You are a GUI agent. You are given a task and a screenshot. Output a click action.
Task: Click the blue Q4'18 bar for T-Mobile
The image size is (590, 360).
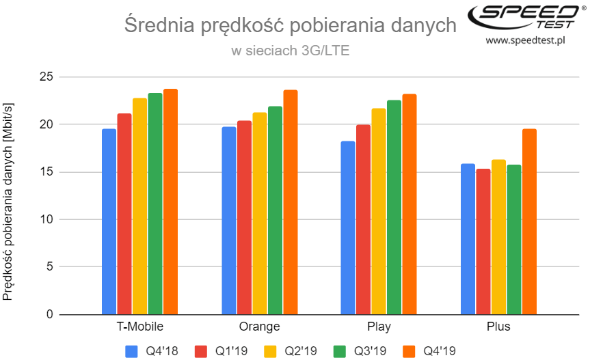109,221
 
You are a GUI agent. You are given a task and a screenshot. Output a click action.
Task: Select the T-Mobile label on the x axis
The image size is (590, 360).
140,327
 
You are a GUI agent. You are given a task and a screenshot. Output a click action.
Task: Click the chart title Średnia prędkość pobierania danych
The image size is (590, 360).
290,26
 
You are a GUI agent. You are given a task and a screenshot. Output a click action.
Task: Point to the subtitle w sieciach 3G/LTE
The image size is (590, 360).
290,51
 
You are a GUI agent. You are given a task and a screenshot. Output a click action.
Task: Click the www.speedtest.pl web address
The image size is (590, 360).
525,41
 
